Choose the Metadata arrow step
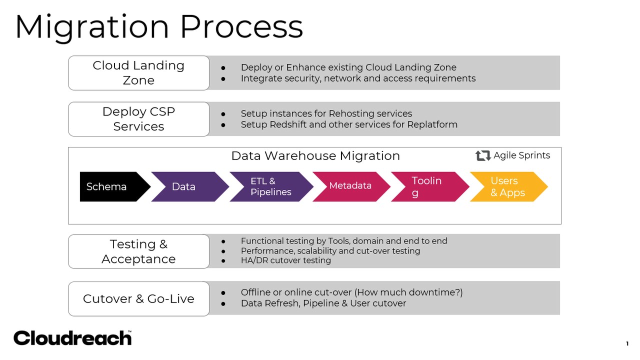point(350,186)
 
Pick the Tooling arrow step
point(427,186)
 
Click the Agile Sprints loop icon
point(483,155)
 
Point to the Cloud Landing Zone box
point(138,73)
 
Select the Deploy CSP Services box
point(138,119)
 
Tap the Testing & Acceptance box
point(138,251)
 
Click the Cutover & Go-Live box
point(138,299)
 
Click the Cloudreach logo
point(72,338)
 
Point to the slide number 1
point(627,343)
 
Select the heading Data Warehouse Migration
point(315,156)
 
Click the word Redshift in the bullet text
point(286,124)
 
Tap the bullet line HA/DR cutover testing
point(285,260)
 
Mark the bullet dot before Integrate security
point(223,78)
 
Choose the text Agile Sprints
point(521,155)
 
